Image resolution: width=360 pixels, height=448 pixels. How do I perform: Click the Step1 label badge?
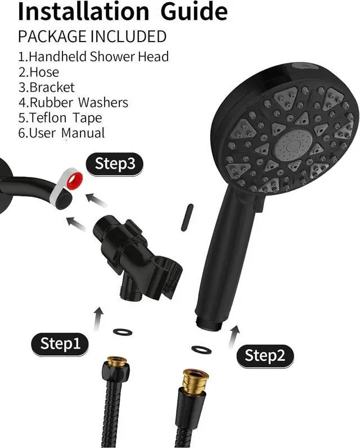point(60,343)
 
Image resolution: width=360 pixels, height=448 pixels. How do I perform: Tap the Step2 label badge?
point(265,355)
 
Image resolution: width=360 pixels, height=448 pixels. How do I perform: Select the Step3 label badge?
point(115,164)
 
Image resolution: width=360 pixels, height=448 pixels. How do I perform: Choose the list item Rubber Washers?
point(74,103)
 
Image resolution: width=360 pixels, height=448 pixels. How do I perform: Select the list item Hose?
point(39,72)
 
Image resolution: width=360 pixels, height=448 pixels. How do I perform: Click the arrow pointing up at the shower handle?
point(235,334)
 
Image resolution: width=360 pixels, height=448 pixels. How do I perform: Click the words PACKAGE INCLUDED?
point(92,37)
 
